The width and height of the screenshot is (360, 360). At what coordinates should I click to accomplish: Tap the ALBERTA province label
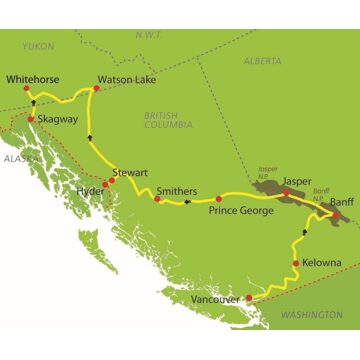[x=262, y=61]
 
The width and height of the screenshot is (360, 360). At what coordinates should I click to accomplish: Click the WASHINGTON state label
[x=311, y=315]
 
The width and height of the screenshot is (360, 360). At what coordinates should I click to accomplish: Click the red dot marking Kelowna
[x=296, y=263]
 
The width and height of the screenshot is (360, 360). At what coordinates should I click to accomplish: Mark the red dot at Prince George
[x=219, y=198]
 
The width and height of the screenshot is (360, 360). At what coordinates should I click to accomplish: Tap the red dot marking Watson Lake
[x=96, y=88]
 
